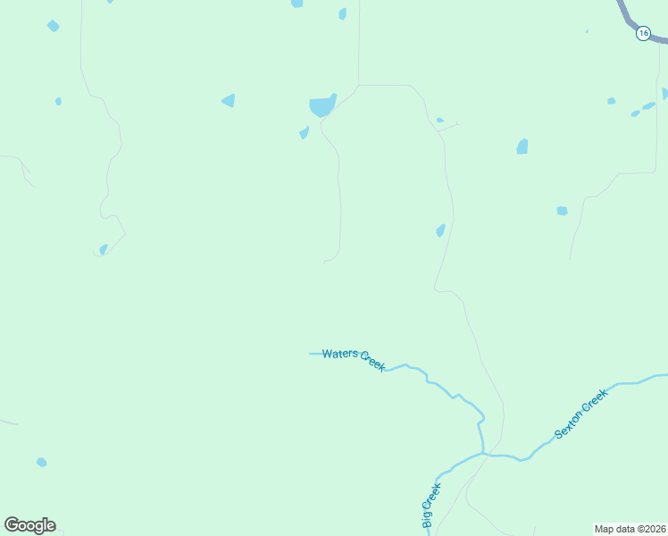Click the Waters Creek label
coord(354,358)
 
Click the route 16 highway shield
coord(643,33)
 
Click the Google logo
coord(29,525)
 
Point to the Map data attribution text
coord(630,529)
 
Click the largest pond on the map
coord(321,106)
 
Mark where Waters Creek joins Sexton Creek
coord(483,453)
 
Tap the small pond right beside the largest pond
coord(304,133)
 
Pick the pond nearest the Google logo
coord(41,462)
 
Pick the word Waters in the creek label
coord(339,354)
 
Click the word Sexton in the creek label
coord(568,424)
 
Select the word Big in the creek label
coord(435,491)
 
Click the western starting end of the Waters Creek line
coord(311,354)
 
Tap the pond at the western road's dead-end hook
coord(104,248)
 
